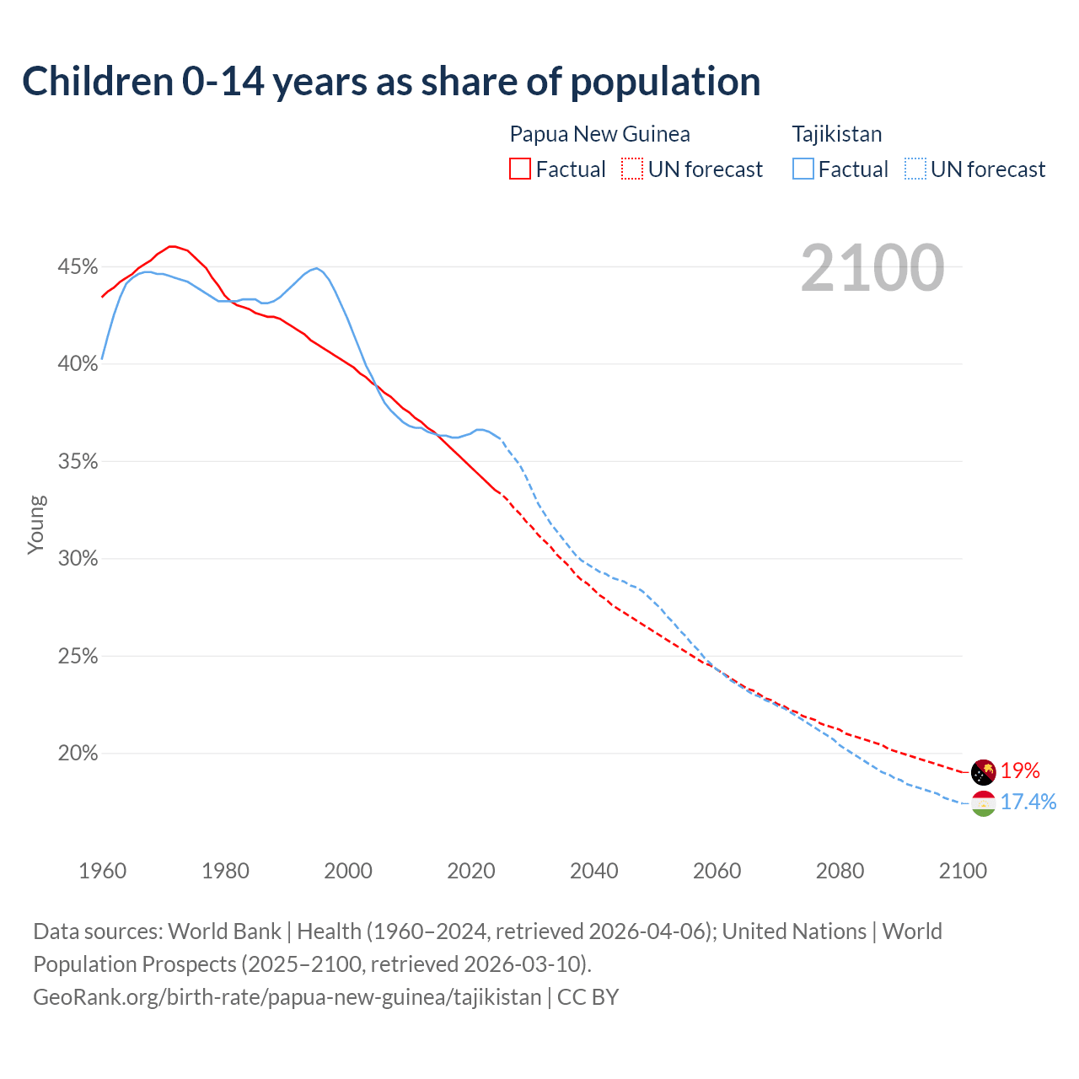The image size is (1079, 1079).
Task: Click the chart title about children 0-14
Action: coord(391,82)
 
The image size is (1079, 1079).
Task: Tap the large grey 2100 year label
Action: coord(872,268)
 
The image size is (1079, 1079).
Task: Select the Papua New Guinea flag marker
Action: coord(983,771)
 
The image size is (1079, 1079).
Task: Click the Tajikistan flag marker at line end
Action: coord(983,803)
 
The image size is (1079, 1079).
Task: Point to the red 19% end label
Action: coord(1020,771)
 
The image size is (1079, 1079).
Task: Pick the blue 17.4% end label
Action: coord(1028,802)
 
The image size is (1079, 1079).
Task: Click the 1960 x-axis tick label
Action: coord(102,871)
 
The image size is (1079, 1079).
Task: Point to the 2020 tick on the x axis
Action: coord(470,871)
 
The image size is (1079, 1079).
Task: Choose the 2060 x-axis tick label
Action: coord(717,871)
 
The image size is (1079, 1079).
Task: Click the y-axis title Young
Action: coord(36,524)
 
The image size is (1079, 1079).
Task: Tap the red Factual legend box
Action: coord(520,169)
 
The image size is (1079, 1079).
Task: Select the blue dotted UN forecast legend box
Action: coord(915,169)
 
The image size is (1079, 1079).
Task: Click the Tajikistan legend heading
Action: coord(837,134)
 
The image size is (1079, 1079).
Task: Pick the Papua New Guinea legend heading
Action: coord(599,134)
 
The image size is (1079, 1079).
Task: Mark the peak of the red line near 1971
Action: coord(172,246)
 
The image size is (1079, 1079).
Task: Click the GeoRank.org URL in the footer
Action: coord(287,997)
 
